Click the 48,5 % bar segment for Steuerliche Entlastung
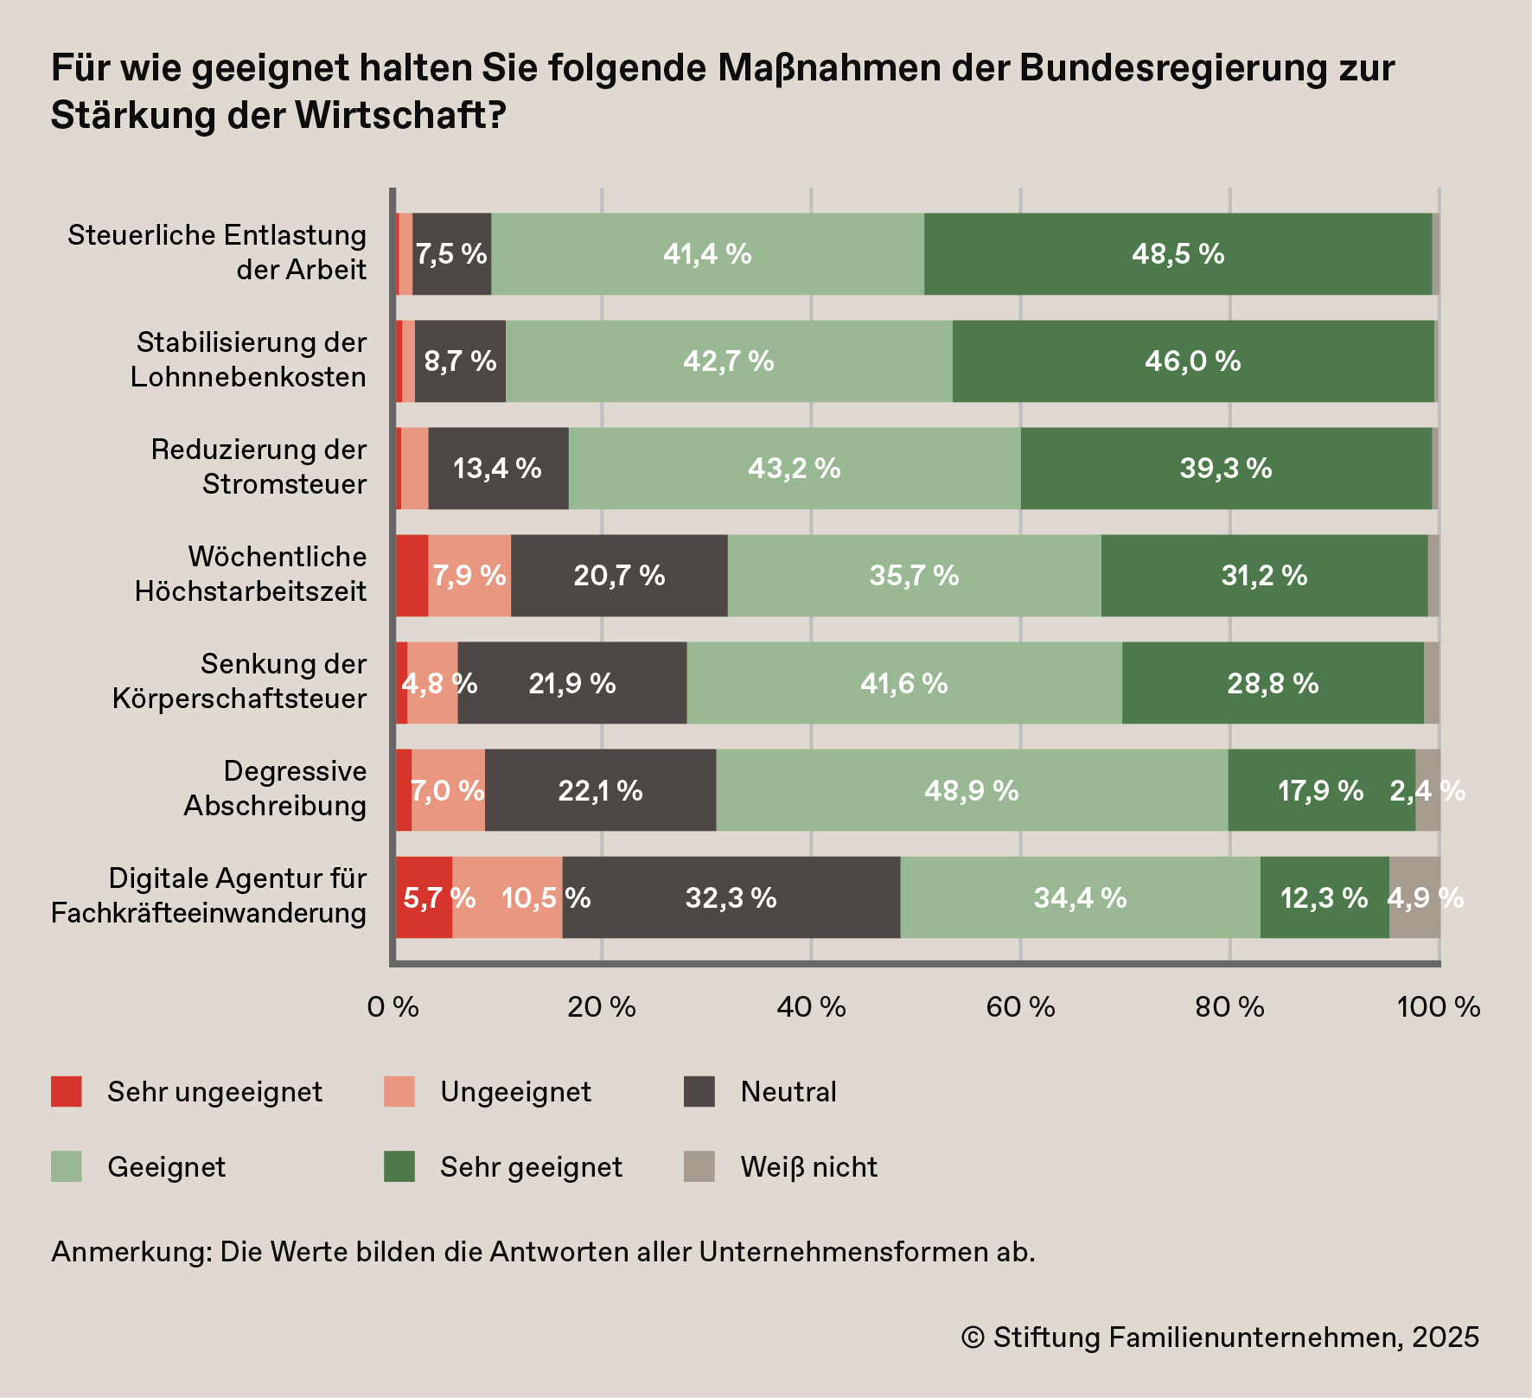[1178, 254]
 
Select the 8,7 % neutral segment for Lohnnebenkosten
[460, 361]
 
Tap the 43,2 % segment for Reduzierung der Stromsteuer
[794, 469]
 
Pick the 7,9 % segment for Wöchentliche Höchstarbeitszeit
[469, 576]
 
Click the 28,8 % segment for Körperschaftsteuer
[1273, 683]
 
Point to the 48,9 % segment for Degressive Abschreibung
[972, 790]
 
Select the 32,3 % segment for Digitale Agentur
[731, 897]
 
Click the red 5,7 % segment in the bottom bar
[424, 897]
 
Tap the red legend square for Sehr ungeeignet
[67, 1092]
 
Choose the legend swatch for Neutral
[699, 1092]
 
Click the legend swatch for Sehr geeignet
[399, 1166]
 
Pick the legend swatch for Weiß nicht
[699, 1166]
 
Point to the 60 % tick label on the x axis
[1020, 1007]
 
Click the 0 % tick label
[393, 1007]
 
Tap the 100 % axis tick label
[1439, 1007]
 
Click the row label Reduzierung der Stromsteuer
[259, 467]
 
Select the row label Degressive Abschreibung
[275, 788]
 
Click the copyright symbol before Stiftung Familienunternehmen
[973, 1337]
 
